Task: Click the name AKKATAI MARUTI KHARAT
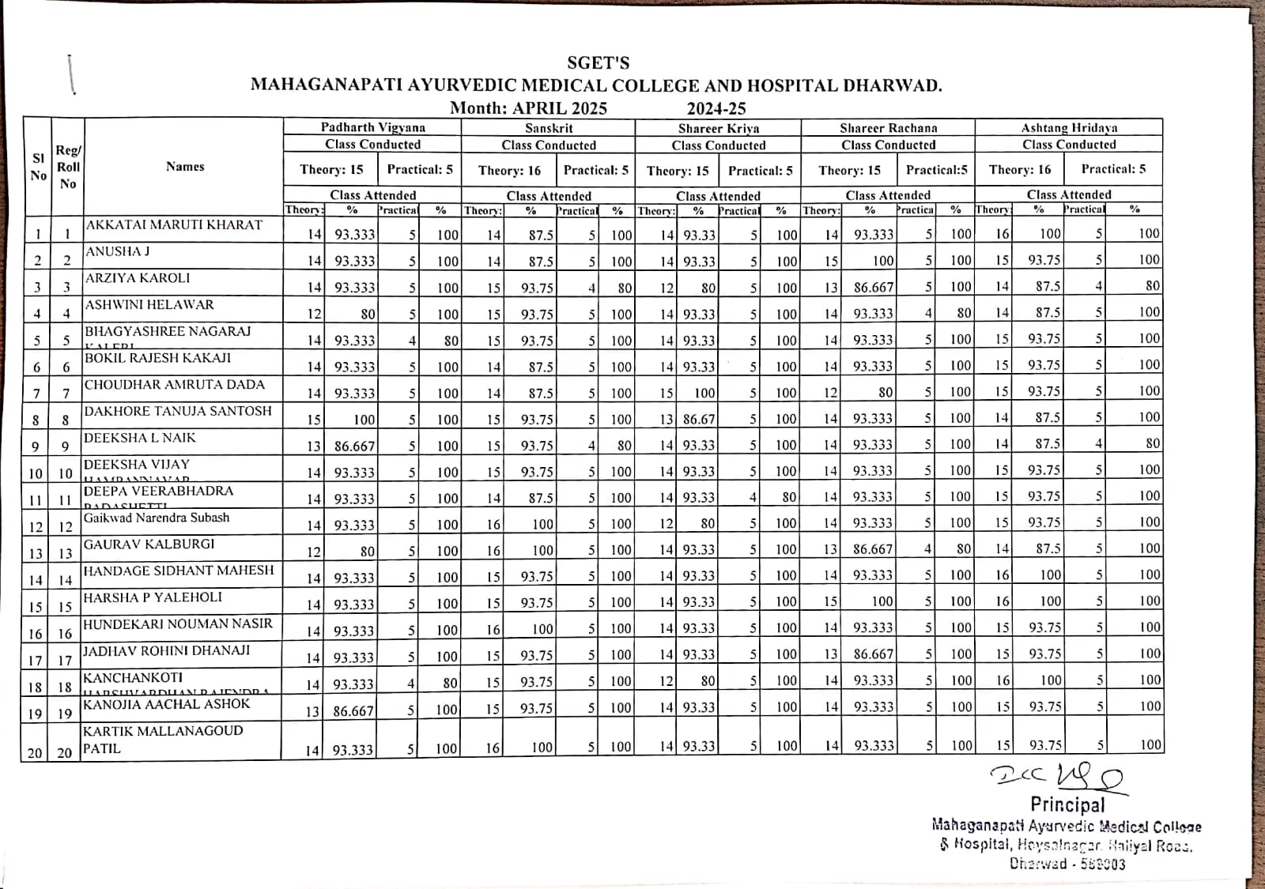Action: click(174, 225)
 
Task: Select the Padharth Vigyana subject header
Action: click(372, 127)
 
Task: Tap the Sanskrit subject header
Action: click(549, 128)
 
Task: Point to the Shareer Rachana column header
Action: click(888, 128)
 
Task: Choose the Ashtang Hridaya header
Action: click(1069, 127)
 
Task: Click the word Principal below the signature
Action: click(1067, 805)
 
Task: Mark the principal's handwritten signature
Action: click(1058, 778)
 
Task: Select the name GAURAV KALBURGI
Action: click(149, 544)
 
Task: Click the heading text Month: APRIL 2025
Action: click(528, 108)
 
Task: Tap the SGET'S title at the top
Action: click(598, 63)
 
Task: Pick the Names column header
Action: click(185, 167)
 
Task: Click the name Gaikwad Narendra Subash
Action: click(157, 518)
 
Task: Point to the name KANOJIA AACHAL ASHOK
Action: click(166, 704)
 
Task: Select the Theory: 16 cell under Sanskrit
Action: click(509, 171)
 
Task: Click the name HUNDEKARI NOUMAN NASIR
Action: click(178, 624)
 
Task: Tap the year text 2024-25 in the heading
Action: click(716, 108)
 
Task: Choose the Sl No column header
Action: click(38, 167)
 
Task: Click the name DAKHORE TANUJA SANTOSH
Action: click(177, 411)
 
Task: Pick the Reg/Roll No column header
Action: click(68, 167)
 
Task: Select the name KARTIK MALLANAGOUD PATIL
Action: click(162, 740)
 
